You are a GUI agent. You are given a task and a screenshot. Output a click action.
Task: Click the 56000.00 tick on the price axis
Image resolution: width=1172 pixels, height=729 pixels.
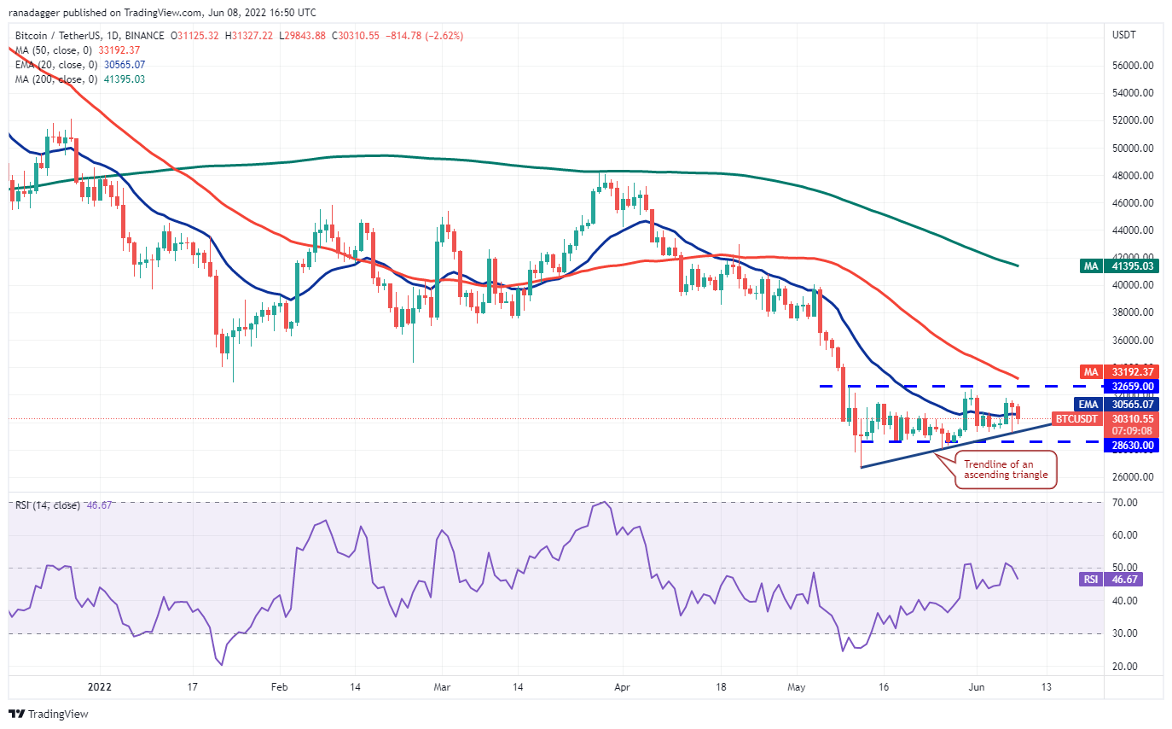[1134, 66]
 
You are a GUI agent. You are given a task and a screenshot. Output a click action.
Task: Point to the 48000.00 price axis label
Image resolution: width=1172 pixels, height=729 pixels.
[1134, 176]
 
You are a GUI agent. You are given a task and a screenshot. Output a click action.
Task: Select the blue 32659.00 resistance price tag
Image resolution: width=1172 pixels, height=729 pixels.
[1134, 386]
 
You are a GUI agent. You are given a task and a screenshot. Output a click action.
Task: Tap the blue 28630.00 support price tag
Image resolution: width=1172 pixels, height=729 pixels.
[1134, 446]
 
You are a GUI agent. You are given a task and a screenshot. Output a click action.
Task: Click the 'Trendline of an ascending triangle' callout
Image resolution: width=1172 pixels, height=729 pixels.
[1006, 469]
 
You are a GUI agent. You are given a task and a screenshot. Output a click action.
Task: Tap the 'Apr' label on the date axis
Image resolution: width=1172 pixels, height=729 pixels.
[622, 686]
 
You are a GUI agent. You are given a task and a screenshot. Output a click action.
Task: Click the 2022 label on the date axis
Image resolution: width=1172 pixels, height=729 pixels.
[101, 686]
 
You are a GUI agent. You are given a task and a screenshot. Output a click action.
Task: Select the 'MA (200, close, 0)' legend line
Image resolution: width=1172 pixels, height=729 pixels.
[79, 79]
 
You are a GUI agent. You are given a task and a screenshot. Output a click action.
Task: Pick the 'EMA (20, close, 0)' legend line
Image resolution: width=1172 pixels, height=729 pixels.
[79, 65]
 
